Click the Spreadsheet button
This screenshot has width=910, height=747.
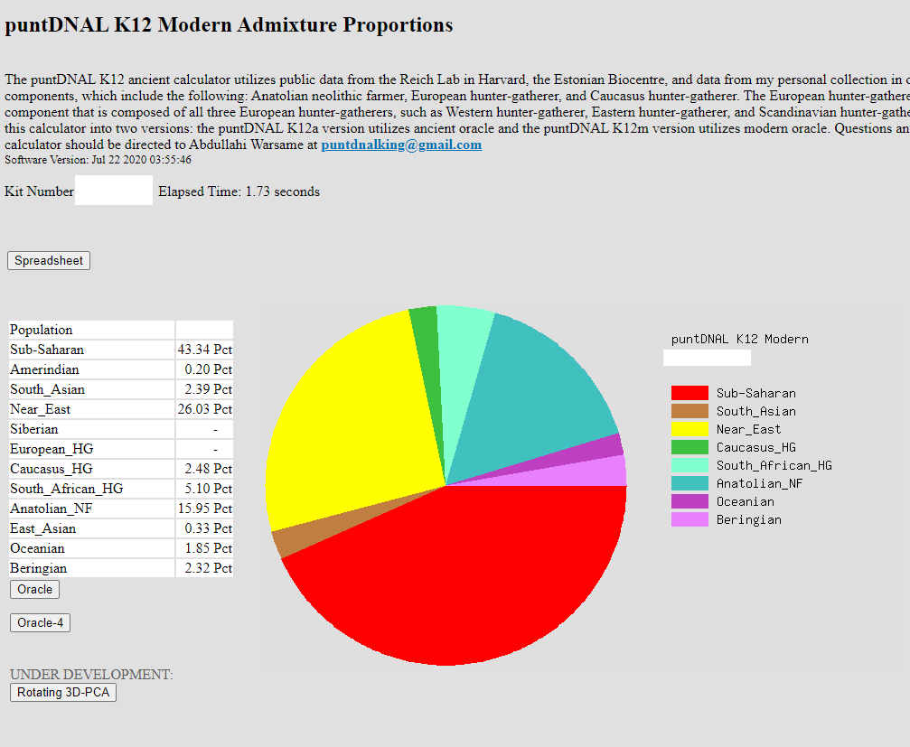tap(49, 261)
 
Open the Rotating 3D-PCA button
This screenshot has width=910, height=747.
tap(63, 693)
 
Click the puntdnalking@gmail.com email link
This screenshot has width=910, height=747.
tap(401, 145)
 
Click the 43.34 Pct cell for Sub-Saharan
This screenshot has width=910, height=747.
tap(204, 350)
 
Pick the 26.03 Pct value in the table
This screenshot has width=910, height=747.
tap(204, 409)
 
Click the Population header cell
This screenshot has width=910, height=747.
tap(42, 330)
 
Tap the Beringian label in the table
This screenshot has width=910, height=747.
tap(39, 568)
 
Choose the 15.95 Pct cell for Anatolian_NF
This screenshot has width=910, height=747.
tap(204, 509)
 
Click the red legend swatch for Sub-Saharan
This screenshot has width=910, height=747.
tap(689, 393)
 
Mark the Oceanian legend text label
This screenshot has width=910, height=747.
tap(745, 501)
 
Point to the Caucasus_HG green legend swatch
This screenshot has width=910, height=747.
tap(689, 447)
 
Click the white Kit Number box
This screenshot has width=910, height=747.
tap(114, 191)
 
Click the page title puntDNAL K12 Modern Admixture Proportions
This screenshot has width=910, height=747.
tap(229, 24)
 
